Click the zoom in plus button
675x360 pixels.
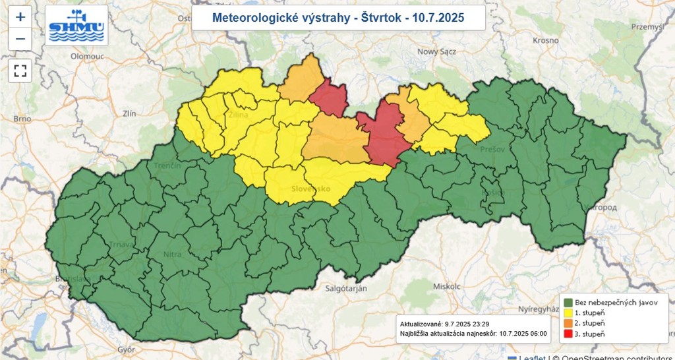click(x=20, y=16)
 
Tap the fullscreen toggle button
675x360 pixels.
click(x=20, y=70)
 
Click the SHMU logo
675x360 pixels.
click(x=76, y=26)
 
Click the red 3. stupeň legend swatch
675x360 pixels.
click(x=567, y=334)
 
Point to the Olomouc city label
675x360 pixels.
click(x=71, y=57)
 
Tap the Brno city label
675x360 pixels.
click(x=22, y=119)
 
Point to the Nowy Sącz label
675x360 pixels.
click(x=436, y=51)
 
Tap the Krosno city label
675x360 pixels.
click(x=546, y=40)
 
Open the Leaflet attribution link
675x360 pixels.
click(x=531, y=357)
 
